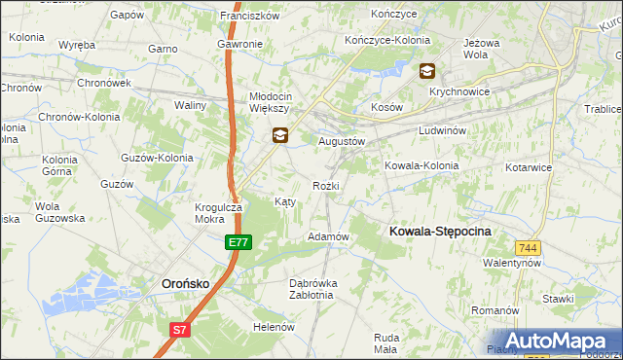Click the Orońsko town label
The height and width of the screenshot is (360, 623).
[x=184, y=283]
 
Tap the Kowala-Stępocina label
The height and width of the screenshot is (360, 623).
[x=440, y=231]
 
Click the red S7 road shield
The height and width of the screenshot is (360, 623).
[x=179, y=331]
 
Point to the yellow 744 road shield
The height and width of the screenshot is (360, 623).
[x=529, y=248]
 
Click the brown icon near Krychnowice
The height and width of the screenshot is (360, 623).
[x=427, y=70]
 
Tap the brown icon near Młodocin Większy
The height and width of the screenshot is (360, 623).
[x=279, y=136]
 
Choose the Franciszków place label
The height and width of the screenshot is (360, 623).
[x=250, y=16]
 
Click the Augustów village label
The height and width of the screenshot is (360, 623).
[x=342, y=140]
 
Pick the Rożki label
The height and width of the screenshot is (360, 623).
[x=325, y=185]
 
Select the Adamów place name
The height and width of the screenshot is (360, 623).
[x=328, y=236]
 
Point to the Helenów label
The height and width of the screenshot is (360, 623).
[x=274, y=327]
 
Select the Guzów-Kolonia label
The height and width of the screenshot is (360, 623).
[x=156, y=157]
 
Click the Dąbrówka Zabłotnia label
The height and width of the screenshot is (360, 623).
[x=313, y=289]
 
